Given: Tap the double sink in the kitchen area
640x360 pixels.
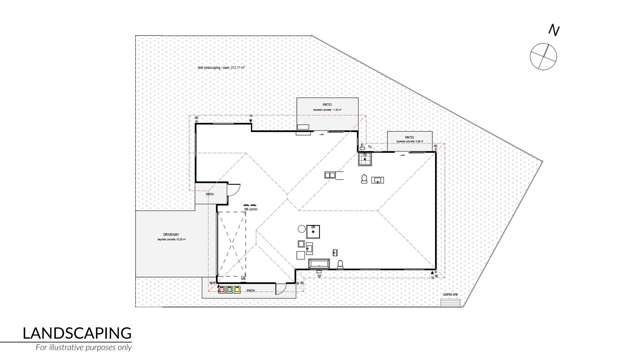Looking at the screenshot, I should pos(378,180).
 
